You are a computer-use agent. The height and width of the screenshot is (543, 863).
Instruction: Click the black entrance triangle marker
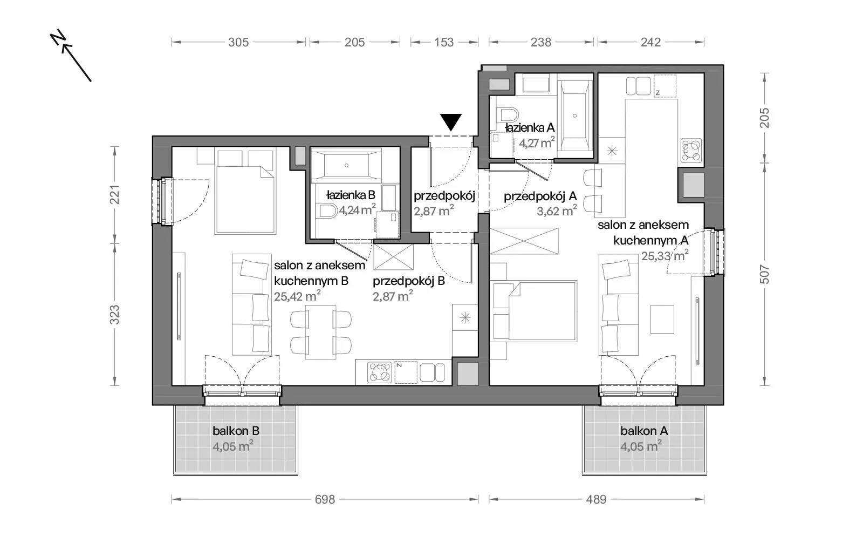pos(451,122)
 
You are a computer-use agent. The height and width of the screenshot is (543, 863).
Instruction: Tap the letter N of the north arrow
pos(58,37)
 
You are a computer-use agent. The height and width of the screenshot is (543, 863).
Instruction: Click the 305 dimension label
pos(238,42)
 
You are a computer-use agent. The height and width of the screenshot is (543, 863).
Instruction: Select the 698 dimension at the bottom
pos(325,499)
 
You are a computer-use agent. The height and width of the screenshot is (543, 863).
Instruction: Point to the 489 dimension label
pos(596,499)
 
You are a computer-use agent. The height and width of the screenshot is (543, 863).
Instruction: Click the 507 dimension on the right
pos(764,274)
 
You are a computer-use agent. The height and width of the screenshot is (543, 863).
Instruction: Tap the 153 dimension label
pos(444,42)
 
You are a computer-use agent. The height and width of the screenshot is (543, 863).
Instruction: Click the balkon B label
pos(236,431)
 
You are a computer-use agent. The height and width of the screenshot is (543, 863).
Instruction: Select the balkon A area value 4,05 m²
pos(641,446)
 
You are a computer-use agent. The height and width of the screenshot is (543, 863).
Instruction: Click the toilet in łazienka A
pos(508,114)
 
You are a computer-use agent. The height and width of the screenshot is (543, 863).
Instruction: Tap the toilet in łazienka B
pos(328,212)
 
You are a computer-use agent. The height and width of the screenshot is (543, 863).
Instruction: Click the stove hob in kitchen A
pos(691,151)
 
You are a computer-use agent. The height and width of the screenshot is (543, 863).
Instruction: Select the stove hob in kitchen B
pos(380,372)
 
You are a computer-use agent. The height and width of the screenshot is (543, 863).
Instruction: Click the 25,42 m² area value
pos(297,296)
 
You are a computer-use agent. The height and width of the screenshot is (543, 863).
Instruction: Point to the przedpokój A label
pos(540,196)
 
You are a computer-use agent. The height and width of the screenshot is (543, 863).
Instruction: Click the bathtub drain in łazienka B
pos(346,166)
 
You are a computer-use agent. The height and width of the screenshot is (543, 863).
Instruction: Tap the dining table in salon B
pos(320,332)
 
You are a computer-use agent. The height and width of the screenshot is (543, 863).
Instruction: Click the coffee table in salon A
pos(662,320)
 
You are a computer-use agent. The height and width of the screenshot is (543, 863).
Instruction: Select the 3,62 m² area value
pos(557,211)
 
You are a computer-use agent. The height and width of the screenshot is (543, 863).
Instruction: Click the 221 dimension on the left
pos(115,195)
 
